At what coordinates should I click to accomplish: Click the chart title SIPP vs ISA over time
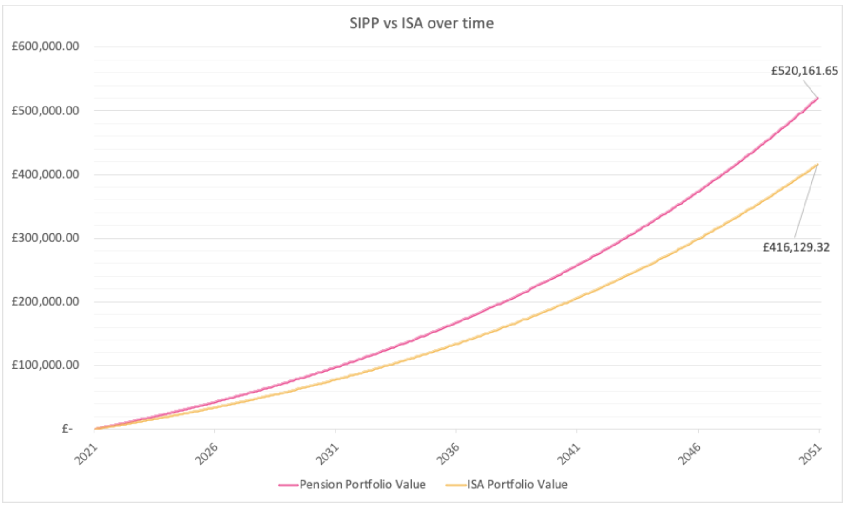coord(422,23)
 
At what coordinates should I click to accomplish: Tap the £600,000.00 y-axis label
coord(45,47)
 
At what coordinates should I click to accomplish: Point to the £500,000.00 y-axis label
coord(45,111)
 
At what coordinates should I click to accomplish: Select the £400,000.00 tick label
coord(45,174)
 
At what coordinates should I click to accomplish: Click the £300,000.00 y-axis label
coord(45,238)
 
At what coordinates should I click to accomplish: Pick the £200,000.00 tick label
coord(45,301)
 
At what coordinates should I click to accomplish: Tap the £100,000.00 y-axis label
coord(45,365)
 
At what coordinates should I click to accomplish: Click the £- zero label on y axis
coord(67,429)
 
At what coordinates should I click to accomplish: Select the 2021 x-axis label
coord(87,454)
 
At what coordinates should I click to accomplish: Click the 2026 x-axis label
coord(207,454)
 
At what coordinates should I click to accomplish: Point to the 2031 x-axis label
coord(328,454)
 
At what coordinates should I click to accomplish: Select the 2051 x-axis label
coord(811,454)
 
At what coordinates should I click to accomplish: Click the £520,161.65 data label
coord(804,71)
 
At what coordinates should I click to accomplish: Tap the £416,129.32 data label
coord(796,247)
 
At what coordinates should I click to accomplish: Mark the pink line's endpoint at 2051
coord(817,98)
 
